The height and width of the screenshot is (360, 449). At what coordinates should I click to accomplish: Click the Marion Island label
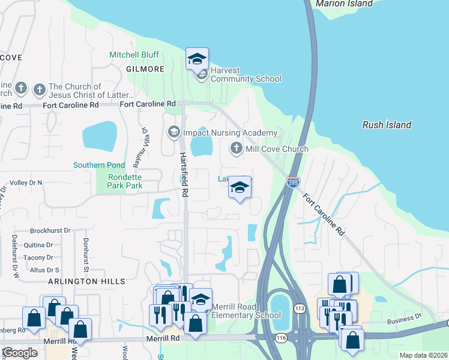(x=344, y=4)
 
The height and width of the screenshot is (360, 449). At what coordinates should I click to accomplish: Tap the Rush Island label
(x=387, y=125)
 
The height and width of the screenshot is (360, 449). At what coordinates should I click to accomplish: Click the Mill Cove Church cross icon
(x=236, y=148)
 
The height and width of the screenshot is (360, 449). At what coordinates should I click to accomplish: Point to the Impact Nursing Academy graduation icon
(x=173, y=132)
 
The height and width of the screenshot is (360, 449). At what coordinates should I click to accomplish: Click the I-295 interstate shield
(x=292, y=182)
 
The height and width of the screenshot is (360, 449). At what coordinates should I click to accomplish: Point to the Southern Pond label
(x=99, y=165)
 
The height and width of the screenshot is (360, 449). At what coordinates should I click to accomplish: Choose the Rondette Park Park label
(x=125, y=181)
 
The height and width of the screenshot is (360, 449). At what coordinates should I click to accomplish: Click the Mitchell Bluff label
(x=133, y=55)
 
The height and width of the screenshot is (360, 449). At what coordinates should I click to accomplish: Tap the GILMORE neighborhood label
(x=145, y=69)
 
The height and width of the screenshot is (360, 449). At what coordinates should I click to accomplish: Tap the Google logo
(x=19, y=352)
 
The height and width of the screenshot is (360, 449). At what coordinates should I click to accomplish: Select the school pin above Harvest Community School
(x=197, y=60)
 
